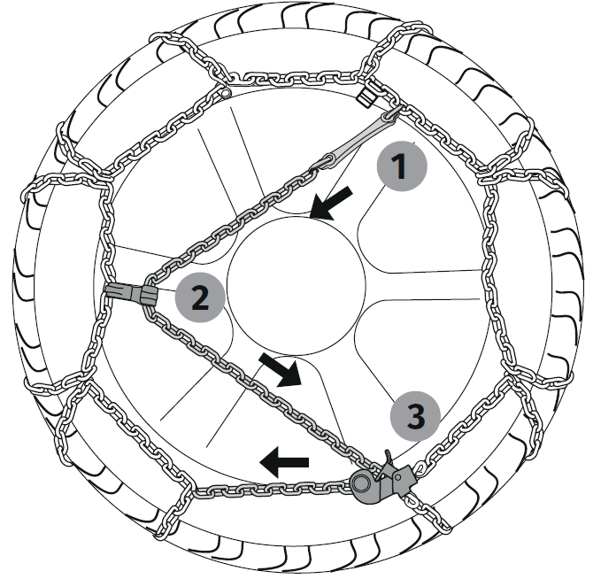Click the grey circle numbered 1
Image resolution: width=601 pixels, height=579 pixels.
tap(401, 166)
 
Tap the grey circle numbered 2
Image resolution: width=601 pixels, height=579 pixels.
tap(200, 297)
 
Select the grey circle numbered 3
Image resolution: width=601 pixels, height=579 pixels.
tap(415, 416)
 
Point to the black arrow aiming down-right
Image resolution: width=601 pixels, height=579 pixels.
tap(281, 370)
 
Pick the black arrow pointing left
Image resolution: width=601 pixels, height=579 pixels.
tap(284, 462)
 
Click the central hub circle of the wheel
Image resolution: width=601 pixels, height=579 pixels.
tap(297, 286)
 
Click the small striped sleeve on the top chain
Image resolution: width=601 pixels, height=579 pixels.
tap(366, 96)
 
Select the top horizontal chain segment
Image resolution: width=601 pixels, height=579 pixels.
tap(295, 78)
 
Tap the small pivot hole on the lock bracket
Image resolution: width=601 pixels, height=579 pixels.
tap(398, 478)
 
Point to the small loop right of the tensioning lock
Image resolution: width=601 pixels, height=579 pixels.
tap(420, 467)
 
